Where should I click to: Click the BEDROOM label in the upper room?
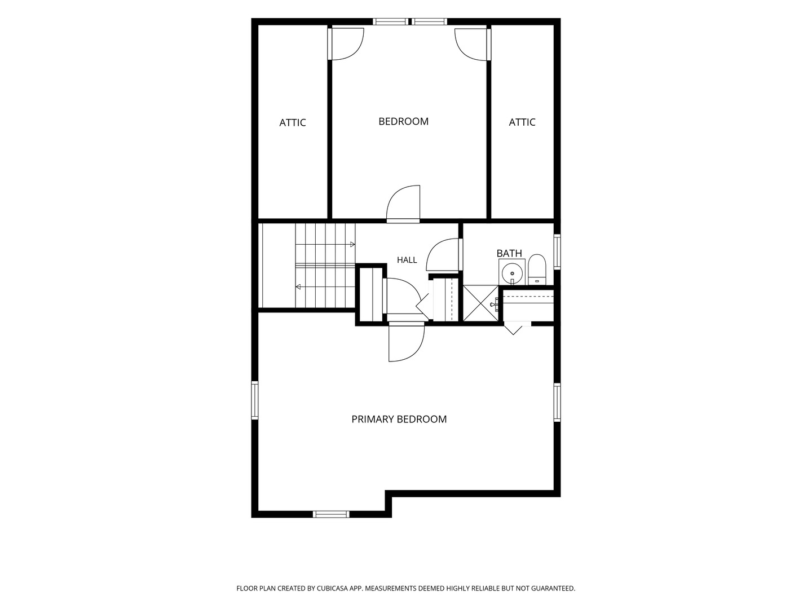tap(403, 121)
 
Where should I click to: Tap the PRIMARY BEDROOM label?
tap(399, 419)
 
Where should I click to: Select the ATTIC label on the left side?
tap(293, 122)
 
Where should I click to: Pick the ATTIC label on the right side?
tap(522, 122)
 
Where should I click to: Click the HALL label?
tap(407, 260)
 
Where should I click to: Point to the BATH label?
tap(509, 253)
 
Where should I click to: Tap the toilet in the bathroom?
tap(537, 270)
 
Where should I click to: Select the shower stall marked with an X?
tap(480, 303)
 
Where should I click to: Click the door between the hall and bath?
tap(443, 255)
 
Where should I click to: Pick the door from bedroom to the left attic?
tap(346, 44)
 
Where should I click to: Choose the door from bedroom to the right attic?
tap(473, 45)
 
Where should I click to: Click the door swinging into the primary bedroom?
tap(406, 342)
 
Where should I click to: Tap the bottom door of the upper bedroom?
tap(403, 204)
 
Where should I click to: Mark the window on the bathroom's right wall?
tap(557, 251)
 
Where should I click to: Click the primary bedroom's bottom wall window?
tap(331, 514)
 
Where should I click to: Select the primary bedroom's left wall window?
tap(254, 400)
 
